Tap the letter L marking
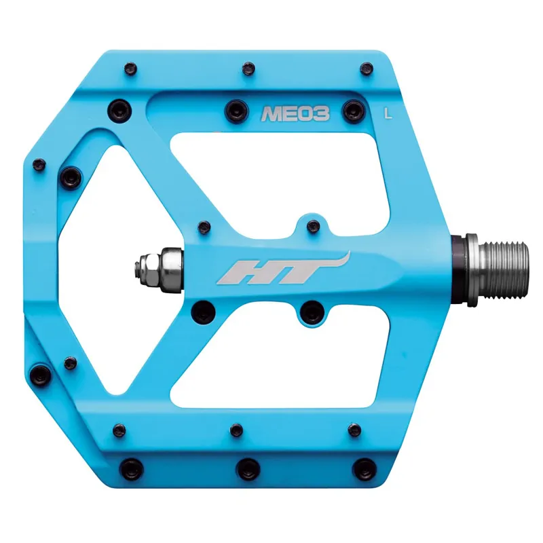388,113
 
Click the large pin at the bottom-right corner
365,467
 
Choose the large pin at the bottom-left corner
129,467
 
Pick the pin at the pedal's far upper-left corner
39,164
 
